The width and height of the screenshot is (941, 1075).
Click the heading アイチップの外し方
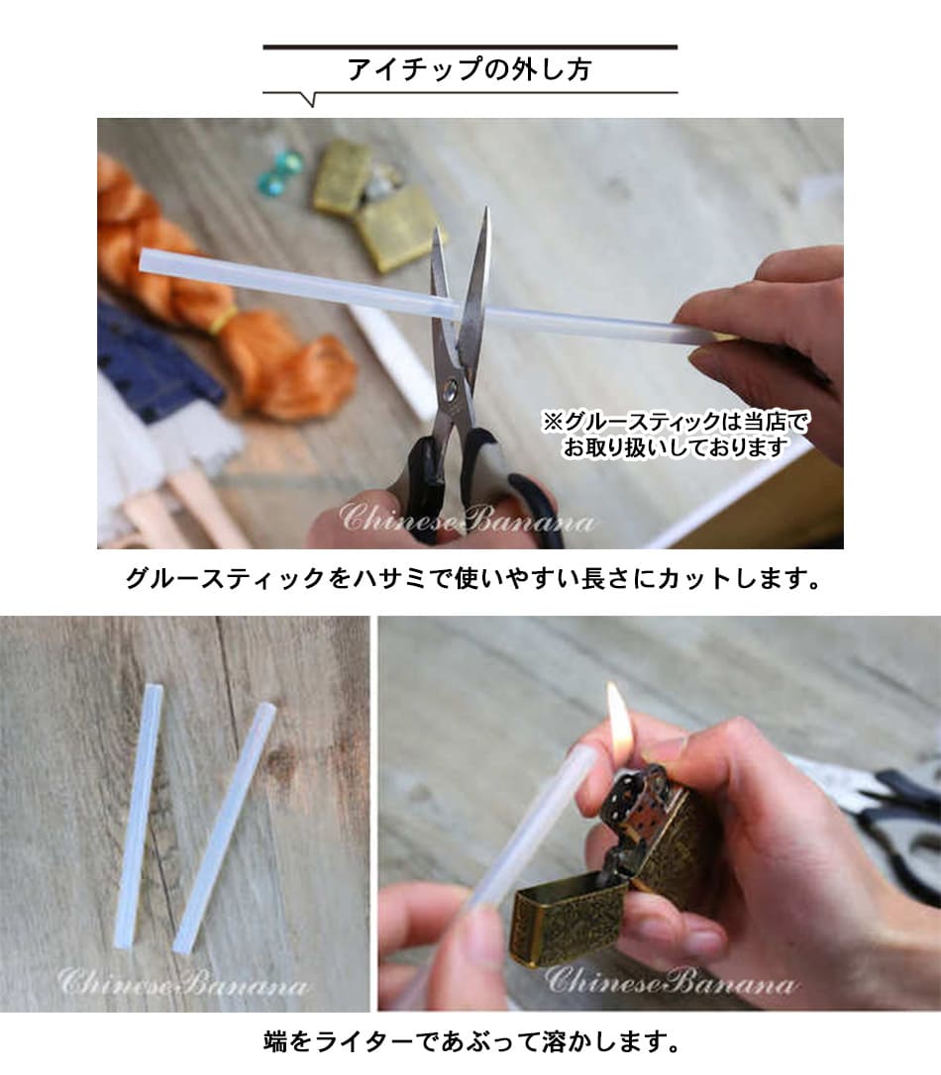pyautogui.click(x=470, y=70)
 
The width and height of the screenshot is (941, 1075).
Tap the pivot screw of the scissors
pyautogui.click(x=452, y=391)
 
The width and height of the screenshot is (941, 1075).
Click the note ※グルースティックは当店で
pyautogui.click(x=676, y=421)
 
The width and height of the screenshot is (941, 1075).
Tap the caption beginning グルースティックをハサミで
pyautogui.click(x=472, y=579)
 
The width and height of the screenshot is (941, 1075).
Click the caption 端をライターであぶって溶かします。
pyautogui.click(x=471, y=1042)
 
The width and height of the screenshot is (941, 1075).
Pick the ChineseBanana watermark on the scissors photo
pyautogui.click(x=467, y=519)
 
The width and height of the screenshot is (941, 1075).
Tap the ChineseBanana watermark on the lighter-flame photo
pyautogui.click(x=670, y=981)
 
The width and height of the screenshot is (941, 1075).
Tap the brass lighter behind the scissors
pyautogui.click(x=378, y=202)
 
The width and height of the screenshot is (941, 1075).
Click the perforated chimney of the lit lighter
pyautogui.click(x=634, y=795)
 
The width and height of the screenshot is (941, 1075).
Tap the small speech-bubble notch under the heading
pyautogui.click(x=310, y=99)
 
